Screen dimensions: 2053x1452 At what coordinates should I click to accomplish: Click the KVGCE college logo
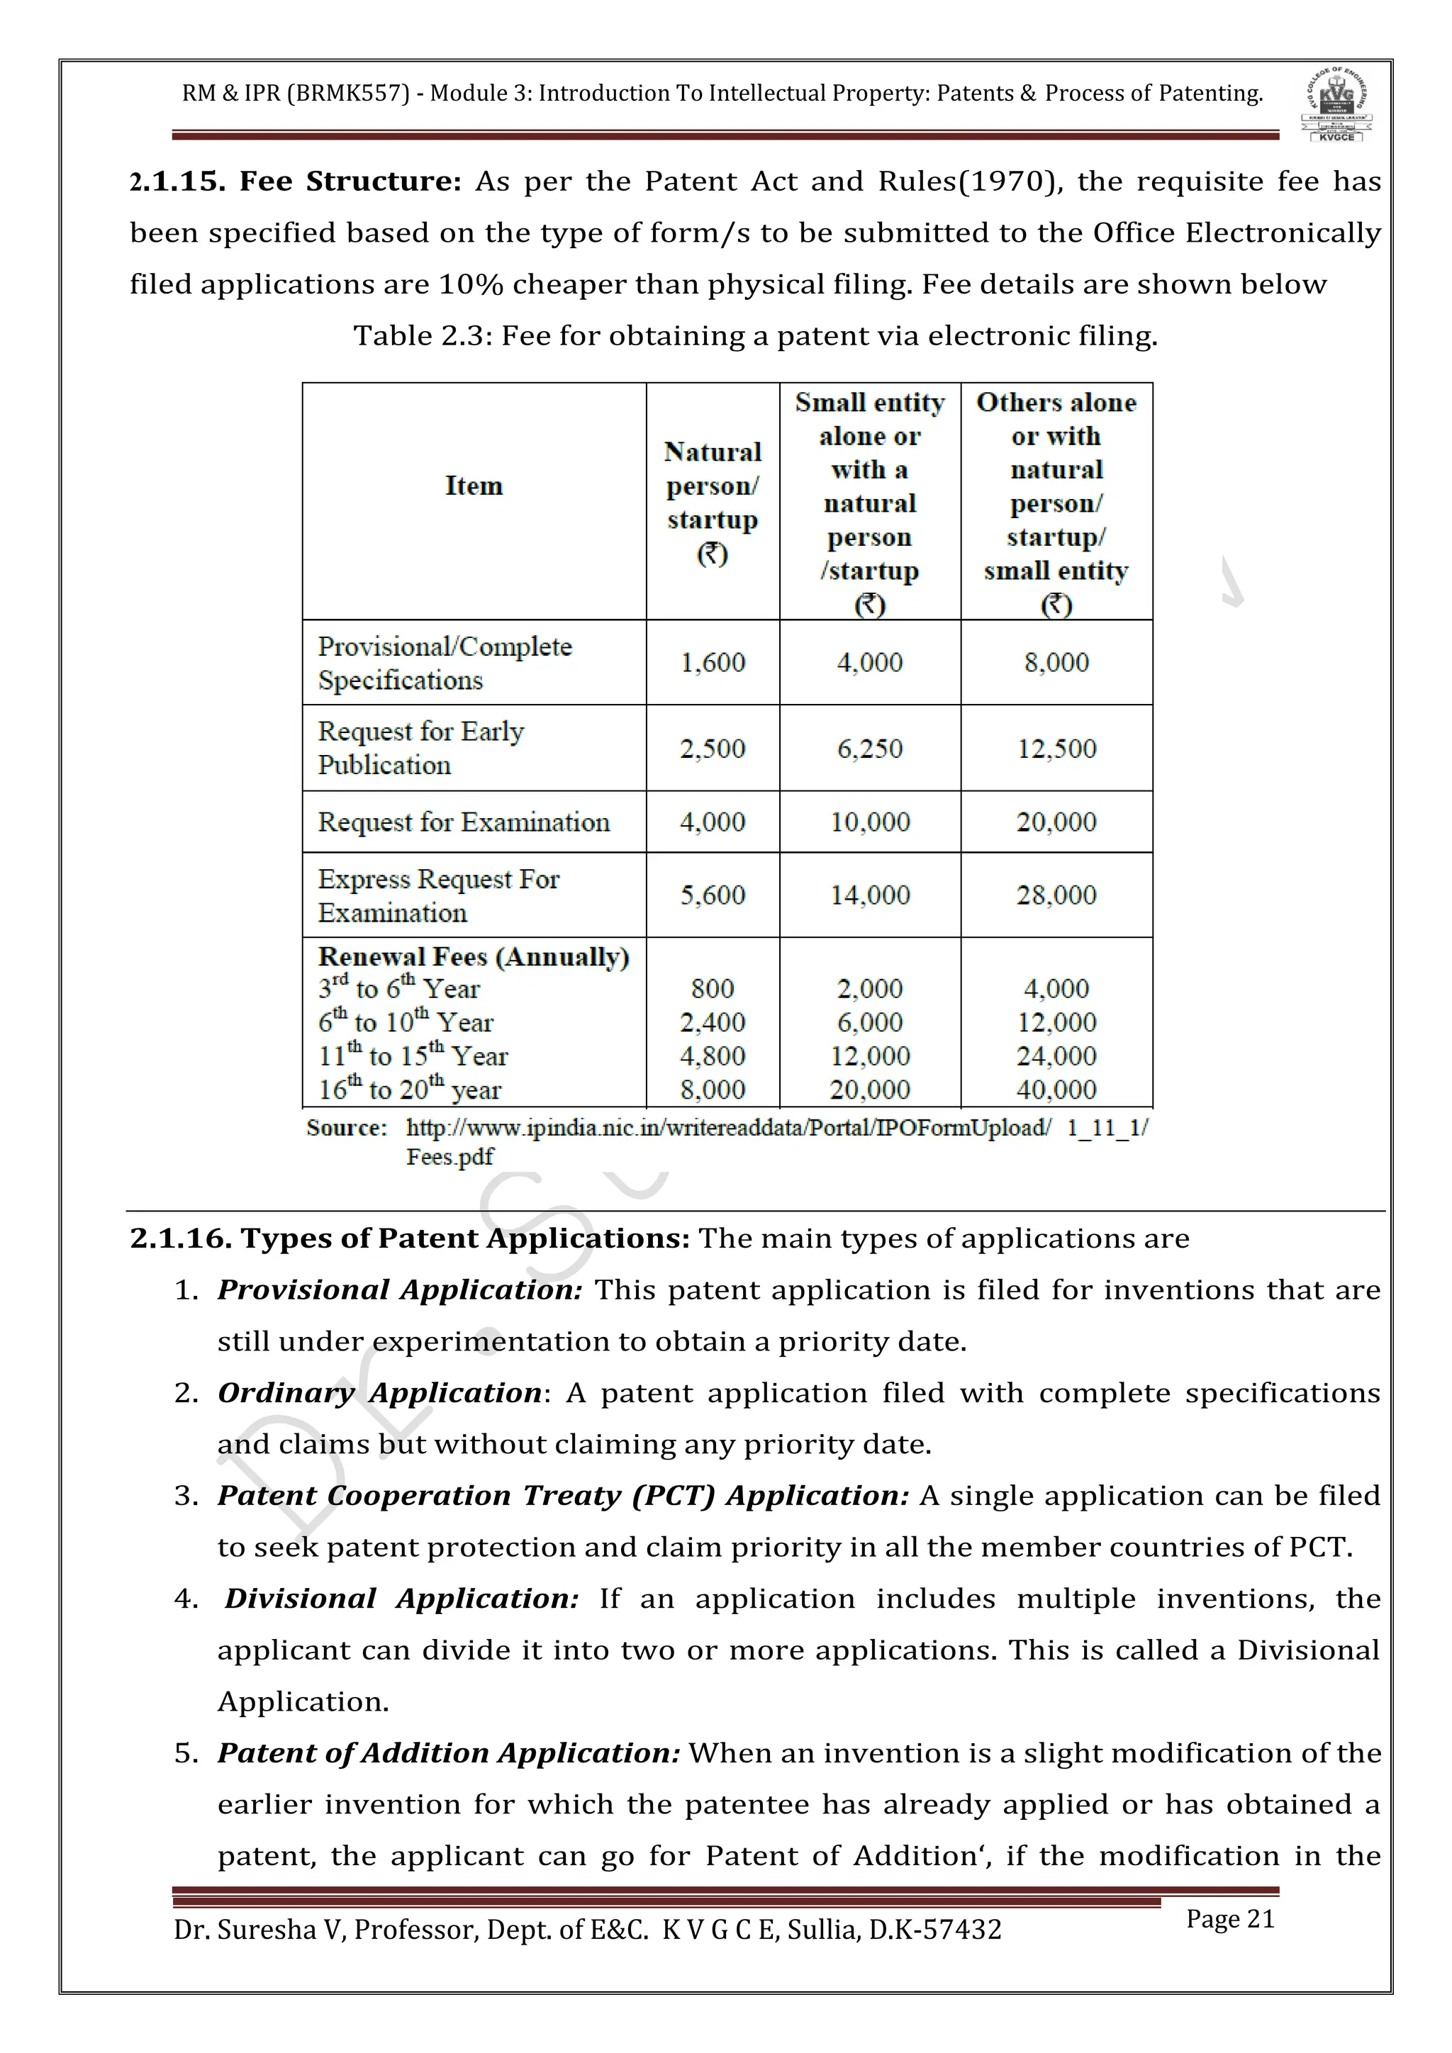point(1336,105)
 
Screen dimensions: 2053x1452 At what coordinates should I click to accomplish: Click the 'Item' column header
point(474,486)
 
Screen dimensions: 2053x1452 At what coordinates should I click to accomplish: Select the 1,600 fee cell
point(713,663)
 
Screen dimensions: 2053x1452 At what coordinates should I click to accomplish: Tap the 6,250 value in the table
point(869,749)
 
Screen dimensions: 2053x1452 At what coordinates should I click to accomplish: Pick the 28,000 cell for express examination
point(1056,895)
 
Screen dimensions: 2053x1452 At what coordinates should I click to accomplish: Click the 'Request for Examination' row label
point(463,822)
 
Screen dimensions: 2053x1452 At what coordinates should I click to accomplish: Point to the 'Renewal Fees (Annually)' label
point(474,957)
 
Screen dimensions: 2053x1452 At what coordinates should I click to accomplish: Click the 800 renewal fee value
point(713,989)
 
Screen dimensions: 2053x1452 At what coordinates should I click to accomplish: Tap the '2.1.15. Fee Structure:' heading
point(295,181)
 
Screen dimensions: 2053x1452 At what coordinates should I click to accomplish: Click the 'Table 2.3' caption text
point(756,336)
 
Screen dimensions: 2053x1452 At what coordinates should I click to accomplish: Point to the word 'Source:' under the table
point(346,1128)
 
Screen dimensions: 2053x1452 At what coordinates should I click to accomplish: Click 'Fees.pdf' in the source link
point(449,1157)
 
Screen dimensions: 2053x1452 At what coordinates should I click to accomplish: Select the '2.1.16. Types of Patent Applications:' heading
point(410,1238)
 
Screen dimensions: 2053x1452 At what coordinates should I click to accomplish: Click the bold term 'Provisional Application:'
point(400,1290)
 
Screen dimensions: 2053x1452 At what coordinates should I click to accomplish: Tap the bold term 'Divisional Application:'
point(401,1599)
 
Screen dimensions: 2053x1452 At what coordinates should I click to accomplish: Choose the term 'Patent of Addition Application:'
point(449,1753)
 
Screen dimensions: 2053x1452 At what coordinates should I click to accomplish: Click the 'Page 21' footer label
point(1229,1920)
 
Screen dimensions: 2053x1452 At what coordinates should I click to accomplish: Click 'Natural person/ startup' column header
point(713,486)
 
